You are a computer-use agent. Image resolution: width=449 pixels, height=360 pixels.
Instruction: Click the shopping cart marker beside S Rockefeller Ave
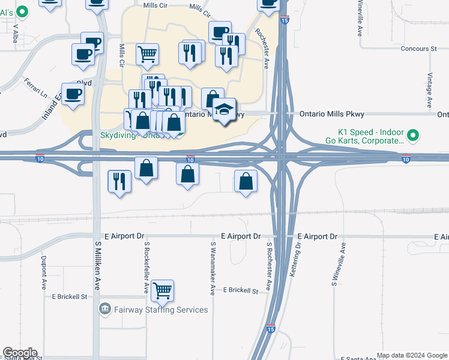coord(162,291)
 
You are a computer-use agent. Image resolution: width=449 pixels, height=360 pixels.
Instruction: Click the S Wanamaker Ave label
coord(212,268)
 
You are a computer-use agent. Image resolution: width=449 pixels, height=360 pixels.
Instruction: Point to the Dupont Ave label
coord(44,271)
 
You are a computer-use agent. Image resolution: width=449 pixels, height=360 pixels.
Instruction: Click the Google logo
coord(20,353)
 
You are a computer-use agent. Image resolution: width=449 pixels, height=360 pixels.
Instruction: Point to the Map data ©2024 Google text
coord(411,355)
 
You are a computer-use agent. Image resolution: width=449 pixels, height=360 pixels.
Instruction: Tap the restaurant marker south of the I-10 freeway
coord(119,181)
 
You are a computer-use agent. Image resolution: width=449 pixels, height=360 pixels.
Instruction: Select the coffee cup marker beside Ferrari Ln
coord(73,95)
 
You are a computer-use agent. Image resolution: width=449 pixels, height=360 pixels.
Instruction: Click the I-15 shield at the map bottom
coord(270,329)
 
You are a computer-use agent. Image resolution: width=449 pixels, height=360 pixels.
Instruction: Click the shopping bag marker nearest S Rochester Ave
coord(246,181)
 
